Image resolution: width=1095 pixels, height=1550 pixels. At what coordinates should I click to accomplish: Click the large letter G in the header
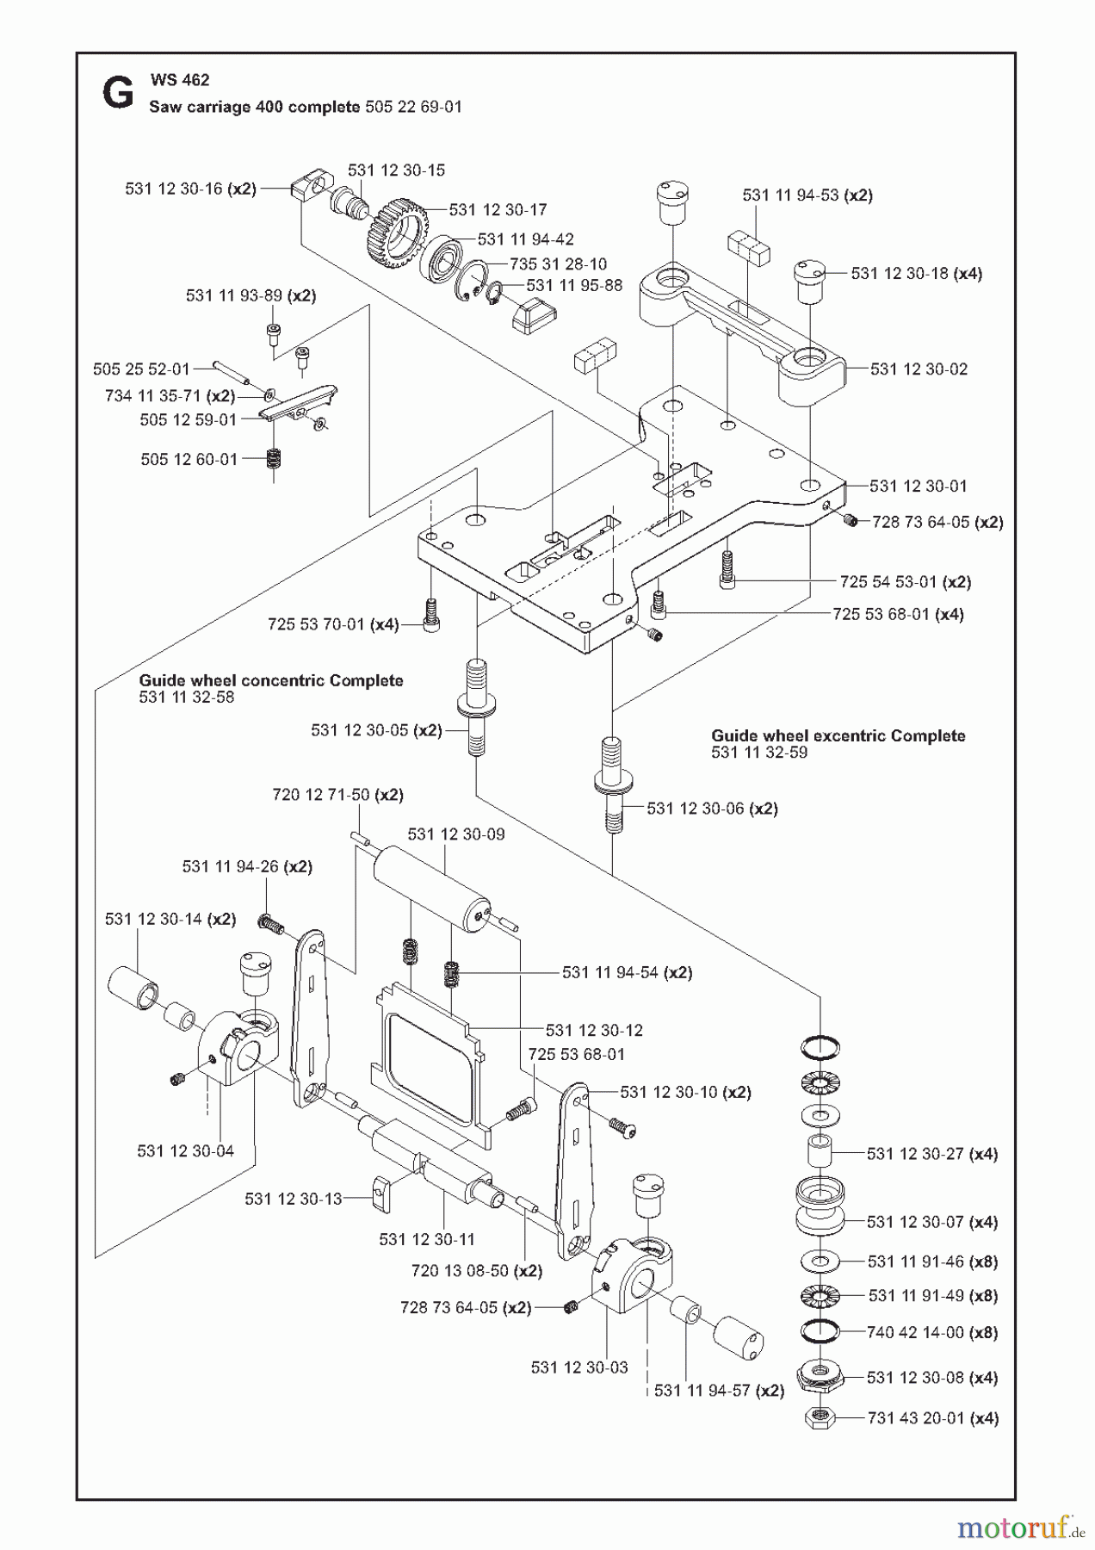click(x=118, y=93)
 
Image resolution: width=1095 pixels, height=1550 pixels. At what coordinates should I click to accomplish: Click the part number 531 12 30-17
click(x=498, y=209)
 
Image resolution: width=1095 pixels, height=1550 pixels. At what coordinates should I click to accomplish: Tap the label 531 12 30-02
click(x=918, y=369)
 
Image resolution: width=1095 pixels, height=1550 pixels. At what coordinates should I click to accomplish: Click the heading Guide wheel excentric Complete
click(x=837, y=735)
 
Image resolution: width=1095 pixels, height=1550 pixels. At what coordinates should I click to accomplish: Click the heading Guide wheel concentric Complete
click(x=271, y=680)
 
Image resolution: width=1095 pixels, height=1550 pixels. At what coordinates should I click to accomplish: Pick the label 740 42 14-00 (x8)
click(x=931, y=1332)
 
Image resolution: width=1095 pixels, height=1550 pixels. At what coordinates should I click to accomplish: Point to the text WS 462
click(x=180, y=79)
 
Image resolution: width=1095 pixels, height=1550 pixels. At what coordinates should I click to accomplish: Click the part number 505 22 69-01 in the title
click(x=413, y=107)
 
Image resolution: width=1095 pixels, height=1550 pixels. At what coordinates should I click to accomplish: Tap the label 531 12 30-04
click(x=185, y=1150)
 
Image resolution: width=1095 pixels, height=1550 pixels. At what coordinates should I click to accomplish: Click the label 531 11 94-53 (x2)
click(x=807, y=195)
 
